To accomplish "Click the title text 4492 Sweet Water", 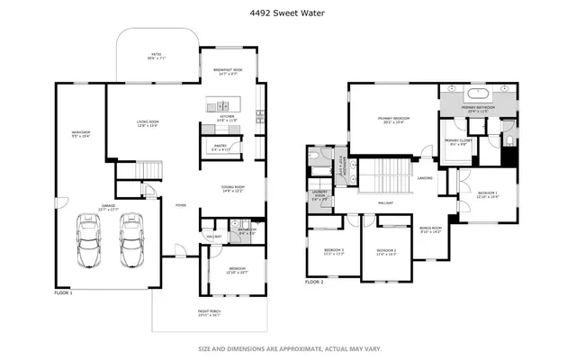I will (x=287, y=13).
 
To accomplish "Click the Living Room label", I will (x=148, y=124).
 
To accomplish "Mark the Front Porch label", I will (x=209, y=315).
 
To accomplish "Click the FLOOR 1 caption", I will (x=64, y=293).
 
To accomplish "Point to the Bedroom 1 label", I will (x=487, y=195).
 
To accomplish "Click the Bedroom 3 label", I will (x=321, y=251).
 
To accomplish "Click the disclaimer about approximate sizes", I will (x=287, y=348).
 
